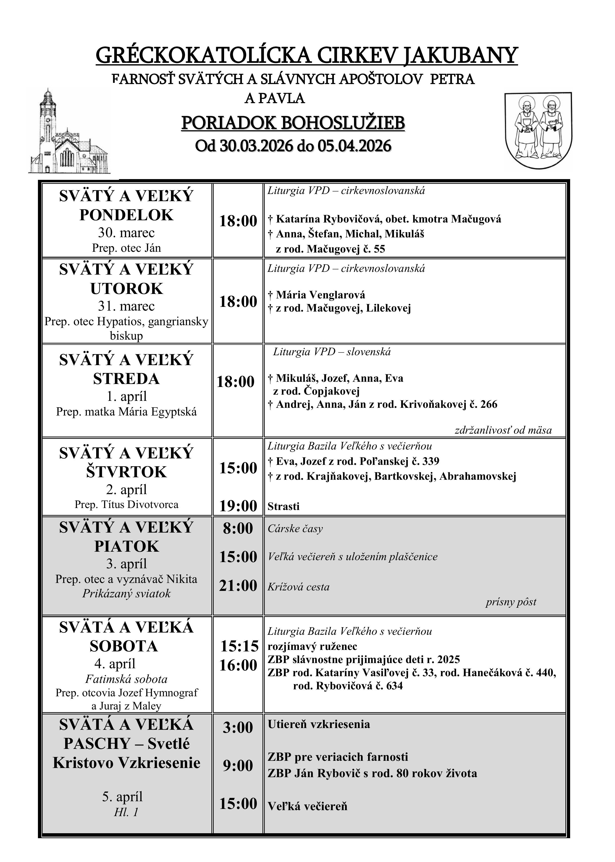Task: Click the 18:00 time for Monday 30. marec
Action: (x=238, y=221)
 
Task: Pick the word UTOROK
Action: (x=126, y=289)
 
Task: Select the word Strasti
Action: (x=283, y=506)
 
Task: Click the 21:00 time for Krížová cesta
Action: (x=238, y=586)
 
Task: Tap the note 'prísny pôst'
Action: (x=511, y=602)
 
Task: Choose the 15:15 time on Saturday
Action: (x=239, y=646)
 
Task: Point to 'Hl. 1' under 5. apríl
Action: (x=126, y=812)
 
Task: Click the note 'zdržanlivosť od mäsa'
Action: (x=503, y=430)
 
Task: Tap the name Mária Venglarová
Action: (x=320, y=294)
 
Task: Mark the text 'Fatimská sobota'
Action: (x=126, y=679)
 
